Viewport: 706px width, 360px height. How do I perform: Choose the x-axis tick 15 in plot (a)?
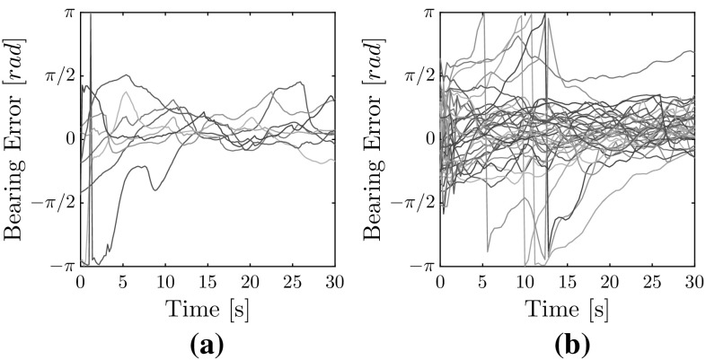click(207, 281)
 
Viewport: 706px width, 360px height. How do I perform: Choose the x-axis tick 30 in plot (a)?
click(333, 281)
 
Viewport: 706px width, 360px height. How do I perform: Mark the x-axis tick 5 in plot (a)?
click(122, 281)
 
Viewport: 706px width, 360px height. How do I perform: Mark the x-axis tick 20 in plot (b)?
click(609, 281)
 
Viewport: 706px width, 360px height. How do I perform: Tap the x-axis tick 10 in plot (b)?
click(525, 281)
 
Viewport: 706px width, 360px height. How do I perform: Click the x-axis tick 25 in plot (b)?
click(651, 281)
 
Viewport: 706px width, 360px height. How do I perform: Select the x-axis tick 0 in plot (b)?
click(440, 281)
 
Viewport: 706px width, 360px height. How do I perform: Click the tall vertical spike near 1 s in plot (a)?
click(90, 135)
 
